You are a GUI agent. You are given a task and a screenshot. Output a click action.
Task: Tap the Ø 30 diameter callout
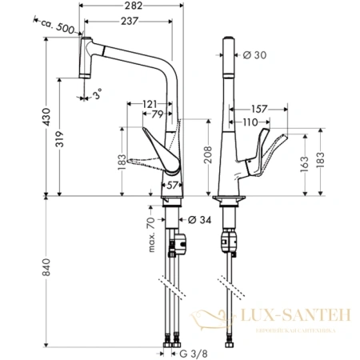254,54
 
